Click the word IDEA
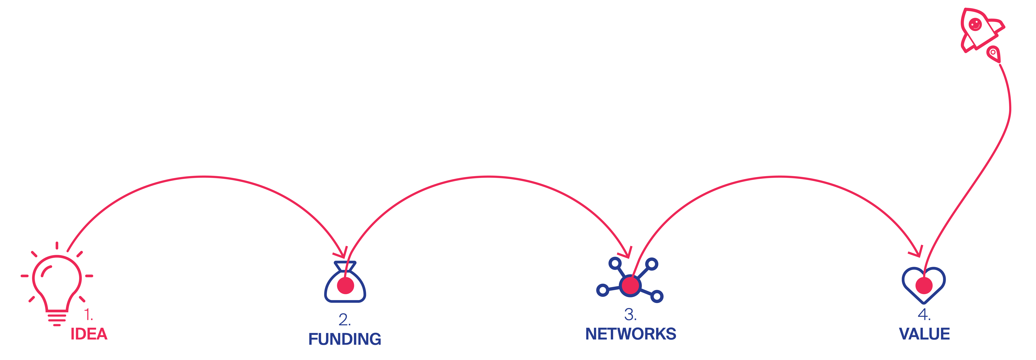(89, 334)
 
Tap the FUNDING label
(345, 339)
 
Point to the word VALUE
(924, 334)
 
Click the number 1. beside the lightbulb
(88, 315)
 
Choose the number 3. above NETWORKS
(630, 315)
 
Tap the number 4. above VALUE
(924, 315)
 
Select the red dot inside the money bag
(345, 286)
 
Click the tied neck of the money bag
(345, 266)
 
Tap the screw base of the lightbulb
(57, 318)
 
